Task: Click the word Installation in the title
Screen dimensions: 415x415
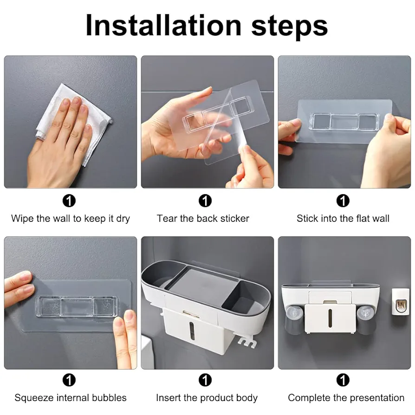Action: click(x=163, y=26)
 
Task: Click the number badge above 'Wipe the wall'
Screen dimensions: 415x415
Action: click(x=69, y=201)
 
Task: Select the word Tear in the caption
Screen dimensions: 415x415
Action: click(x=167, y=218)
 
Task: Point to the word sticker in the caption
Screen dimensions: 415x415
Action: click(x=235, y=218)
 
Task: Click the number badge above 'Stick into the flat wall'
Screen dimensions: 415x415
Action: click(x=343, y=201)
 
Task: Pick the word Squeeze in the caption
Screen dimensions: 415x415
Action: click(x=34, y=398)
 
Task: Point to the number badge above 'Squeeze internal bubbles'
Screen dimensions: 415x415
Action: click(x=69, y=380)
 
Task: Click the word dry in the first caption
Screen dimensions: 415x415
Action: click(x=123, y=219)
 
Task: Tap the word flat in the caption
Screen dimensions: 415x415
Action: click(x=362, y=218)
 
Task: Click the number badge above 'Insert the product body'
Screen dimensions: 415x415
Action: click(x=205, y=380)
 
